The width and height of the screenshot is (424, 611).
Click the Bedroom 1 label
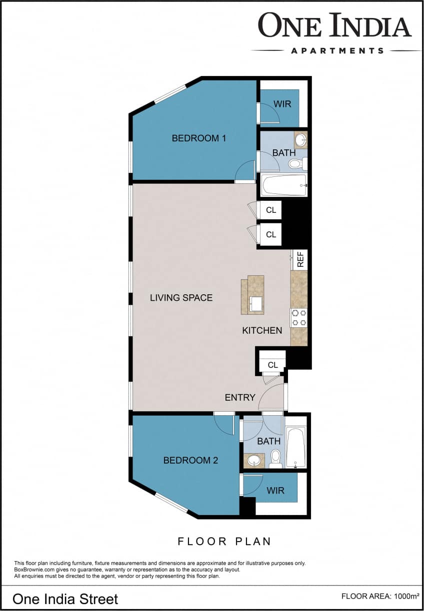tap(198, 138)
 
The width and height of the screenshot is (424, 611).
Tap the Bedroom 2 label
tap(190, 460)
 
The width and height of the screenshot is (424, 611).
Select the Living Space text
tap(181, 298)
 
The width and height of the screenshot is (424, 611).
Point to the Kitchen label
tap(262, 330)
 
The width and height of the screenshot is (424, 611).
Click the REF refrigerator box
tap(300, 260)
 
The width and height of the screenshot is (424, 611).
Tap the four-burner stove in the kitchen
tap(299, 318)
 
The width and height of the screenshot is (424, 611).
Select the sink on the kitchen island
tap(256, 303)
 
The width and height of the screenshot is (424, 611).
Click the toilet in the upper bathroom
tap(296, 163)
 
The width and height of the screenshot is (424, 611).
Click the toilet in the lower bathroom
tap(275, 458)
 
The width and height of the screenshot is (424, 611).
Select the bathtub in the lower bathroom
tap(295, 446)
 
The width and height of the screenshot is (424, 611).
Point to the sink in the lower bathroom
tap(254, 460)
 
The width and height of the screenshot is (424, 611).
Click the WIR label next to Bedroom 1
tap(282, 104)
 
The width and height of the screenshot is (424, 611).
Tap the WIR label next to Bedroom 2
tap(275, 491)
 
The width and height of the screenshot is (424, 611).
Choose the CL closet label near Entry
tap(272, 365)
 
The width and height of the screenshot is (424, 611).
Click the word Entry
tap(240, 398)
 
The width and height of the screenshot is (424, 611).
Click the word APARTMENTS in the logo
tap(337, 50)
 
